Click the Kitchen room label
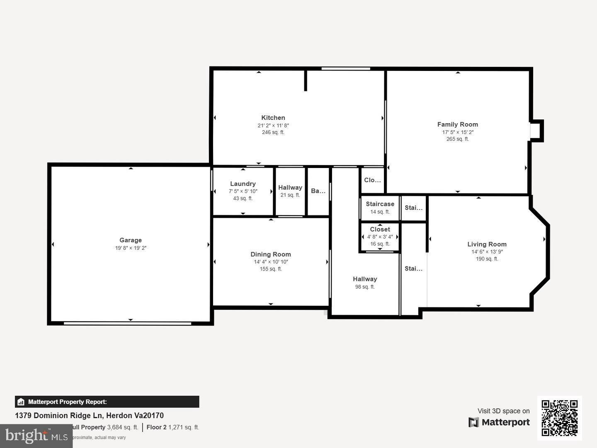(x=273, y=118)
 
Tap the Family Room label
(x=457, y=124)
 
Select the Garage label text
(x=131, y=240)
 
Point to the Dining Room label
(x=271, y=254)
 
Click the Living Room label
(x=487, y=244)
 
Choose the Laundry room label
(x=243, y=184)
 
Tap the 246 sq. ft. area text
(x=273, y=132)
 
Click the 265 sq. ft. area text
(x=457, y=139)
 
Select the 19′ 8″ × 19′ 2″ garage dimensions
(x=131, y=248)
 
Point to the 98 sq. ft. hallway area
(x=365, y=287)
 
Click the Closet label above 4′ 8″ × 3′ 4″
(x=380, y=229)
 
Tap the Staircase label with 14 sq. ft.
(x=380, y=204)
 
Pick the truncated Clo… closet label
(x=372, y=180)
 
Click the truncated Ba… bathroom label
(x=318, y=191)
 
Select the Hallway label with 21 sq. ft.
(x=290, y=187)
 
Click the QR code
(x=559, y=418)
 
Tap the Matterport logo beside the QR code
(x=499, y=422)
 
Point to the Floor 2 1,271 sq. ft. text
(x=173, y=427)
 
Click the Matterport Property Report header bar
(x=107, y=402)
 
